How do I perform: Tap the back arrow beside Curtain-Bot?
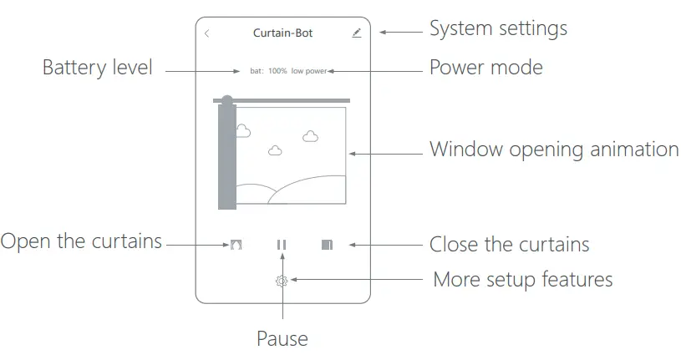point(207,34)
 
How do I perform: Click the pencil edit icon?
point(357,33)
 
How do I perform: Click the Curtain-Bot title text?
point(282,33)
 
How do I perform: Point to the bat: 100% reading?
point(268,71)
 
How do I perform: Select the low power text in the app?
point(309,71)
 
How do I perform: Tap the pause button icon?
point(282,245)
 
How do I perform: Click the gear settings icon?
point(282,281)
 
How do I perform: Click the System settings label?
point(498,28)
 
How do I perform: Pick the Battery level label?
point(97,68)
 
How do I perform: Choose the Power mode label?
point(485,67)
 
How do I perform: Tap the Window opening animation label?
point(553,150)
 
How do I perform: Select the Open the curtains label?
point(81,241)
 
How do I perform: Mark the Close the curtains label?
point(509,245)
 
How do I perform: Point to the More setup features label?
point(522,279)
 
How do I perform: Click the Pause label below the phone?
point(282,339)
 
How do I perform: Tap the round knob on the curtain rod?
point(226,100)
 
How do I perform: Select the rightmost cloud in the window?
point(311,135)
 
